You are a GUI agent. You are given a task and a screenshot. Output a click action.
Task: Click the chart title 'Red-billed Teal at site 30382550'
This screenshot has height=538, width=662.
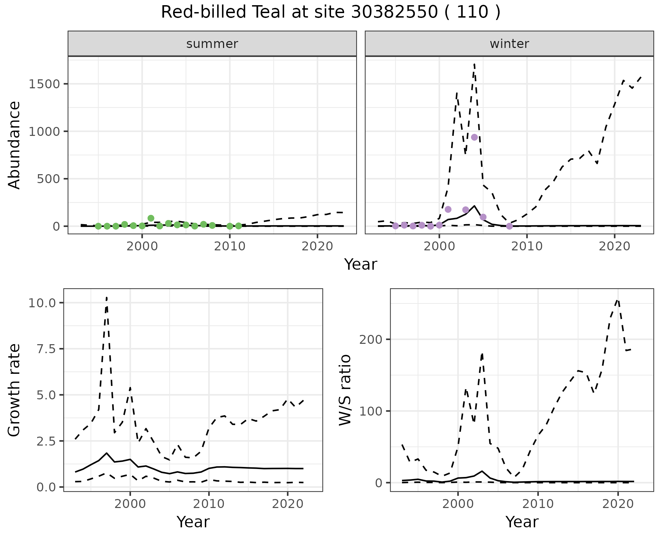(x=330, y=12)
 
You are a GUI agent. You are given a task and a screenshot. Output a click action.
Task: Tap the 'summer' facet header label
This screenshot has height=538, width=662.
(x=212, y=44)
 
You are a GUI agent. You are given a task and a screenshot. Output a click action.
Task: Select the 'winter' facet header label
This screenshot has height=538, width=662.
(x=509, y=44)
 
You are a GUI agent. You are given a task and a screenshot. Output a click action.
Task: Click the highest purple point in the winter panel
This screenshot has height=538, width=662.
(x=474, y=137)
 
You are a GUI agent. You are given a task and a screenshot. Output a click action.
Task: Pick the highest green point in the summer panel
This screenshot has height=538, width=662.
(x=151, y=218)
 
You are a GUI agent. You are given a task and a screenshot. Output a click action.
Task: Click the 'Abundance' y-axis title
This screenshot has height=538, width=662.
(x=14, y=145)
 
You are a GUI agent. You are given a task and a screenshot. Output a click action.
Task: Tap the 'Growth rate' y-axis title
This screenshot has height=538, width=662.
(x=14, y=390)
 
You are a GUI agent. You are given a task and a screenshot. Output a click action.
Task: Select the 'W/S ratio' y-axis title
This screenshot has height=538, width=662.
(x=345, y=390)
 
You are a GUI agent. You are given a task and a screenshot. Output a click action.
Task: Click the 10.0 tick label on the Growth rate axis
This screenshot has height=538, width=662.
(x=42, y=303)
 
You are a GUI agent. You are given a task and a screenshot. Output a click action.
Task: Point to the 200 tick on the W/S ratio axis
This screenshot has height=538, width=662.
(x=370, y=339)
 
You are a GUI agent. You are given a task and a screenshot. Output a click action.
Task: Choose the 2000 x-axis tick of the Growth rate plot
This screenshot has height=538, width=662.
(x=130, y=504)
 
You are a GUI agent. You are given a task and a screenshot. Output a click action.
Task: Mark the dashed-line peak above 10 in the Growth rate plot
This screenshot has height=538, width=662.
(x=107, y=297)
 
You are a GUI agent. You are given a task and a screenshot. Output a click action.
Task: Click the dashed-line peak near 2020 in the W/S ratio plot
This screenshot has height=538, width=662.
(x=618, y=300)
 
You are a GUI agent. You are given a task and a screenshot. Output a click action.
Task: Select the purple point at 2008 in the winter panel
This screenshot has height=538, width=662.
(x=509, y=226)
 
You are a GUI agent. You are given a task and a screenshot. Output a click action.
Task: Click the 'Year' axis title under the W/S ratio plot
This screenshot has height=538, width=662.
(x=522, y=522)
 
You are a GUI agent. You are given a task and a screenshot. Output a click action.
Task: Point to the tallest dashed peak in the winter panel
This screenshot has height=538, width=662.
(x=474, y=64)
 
